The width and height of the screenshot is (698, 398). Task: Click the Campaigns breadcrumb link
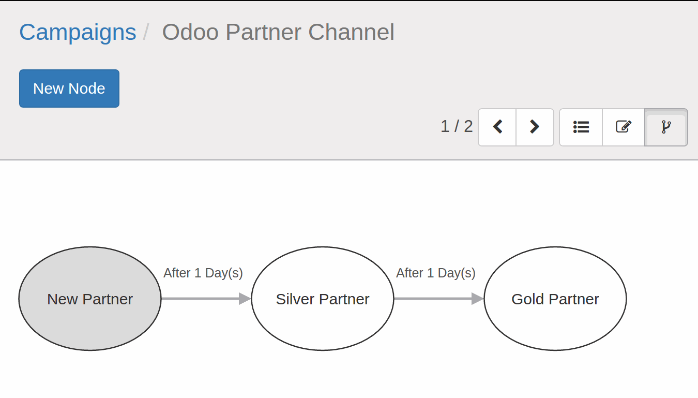pyautogui.click(x=78, y=32)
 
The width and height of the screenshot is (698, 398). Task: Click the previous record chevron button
pyautogui.click(x=497, y=127)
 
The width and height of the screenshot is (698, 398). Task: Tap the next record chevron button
pyautogui.click(x=535, y=127)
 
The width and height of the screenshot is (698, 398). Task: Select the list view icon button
pyautogui.click(x=581, y=127)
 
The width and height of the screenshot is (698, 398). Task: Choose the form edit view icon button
pyautogui.click(x=624, y=127)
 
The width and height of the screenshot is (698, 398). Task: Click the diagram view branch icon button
pyautogui.click(x=666, y=127)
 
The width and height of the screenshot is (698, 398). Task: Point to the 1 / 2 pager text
pyautogui.click(x=457, y=126)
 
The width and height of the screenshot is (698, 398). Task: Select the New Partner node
pyautogui.click(x=90, y=299)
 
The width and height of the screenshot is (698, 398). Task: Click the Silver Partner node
pyautogui.click(x=323, y=299)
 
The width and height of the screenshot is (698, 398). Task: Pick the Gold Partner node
pyautogui.click(x=555, y=299)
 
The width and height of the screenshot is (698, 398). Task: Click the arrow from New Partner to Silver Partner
pyautogui.click(x=206, y=299)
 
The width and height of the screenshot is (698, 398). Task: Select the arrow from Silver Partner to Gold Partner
pyautogui.click(x=439, y=299)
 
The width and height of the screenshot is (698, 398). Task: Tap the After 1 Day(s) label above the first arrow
pyautogui.click(x=203, y=273)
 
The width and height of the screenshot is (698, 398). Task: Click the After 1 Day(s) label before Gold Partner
pyautogui.click(x=436, y=273)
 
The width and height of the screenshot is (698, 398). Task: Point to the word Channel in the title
pyautogui.click(x=351, y=32)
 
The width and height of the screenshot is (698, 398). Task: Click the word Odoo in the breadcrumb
pyautogui.click(x=190, y=32)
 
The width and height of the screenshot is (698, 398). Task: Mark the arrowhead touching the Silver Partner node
pyautogui.click(x=245, y=299)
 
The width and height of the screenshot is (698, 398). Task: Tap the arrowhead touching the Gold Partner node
pyautogui.click(x=477, y=299)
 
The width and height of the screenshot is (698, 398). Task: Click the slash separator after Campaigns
pyautogui.click(x=145, y=32)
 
